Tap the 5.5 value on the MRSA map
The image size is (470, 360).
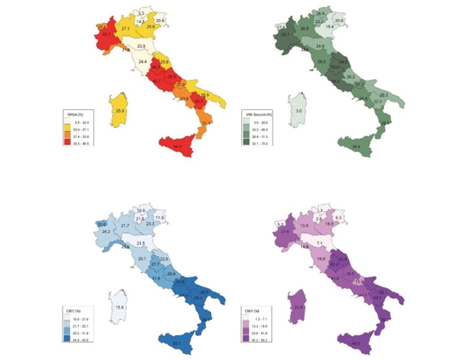click(x=142, y=13)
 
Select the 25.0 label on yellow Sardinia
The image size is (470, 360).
click(x=120, y=111)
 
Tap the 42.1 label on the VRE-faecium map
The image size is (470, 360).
click(x=286, y=35)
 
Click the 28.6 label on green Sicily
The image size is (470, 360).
click(x=356, y=146)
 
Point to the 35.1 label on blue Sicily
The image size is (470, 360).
click(x=177, y=343)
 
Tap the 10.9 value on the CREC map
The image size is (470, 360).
click(x=140, y=210)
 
